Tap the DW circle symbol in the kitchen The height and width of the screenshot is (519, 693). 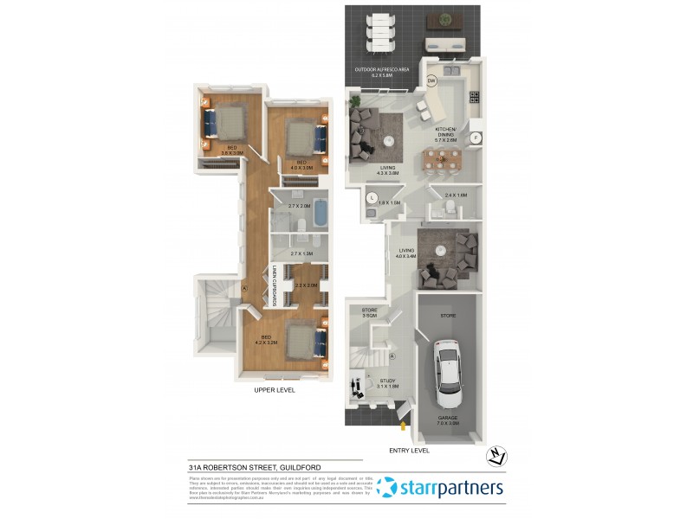coord(431,81)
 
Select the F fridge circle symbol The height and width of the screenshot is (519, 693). coord(475,138)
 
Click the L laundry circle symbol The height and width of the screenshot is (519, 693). coord(372,198)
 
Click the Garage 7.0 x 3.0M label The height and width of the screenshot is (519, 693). coord(449,422)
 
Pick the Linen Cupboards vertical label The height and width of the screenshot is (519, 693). coord(274,285)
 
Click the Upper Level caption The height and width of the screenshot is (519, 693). coord(275,390)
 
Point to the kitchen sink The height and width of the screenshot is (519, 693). coord(452,69)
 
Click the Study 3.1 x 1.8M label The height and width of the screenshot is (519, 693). coord(388,383)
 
